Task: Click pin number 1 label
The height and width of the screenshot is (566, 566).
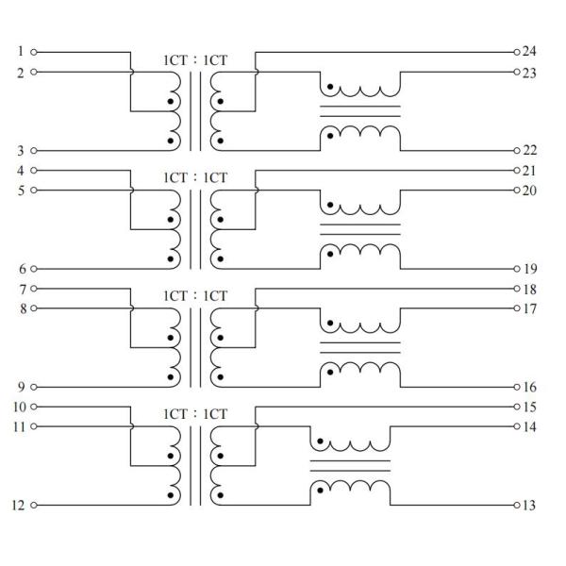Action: click(x=20, y=51)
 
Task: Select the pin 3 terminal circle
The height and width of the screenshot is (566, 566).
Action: click(x=35, y=150)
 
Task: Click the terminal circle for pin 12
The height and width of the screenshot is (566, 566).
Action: click(x=35, y=505)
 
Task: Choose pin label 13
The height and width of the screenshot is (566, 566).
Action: click(x=529, y=506)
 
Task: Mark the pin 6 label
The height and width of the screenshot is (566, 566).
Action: click(x=20, y=268)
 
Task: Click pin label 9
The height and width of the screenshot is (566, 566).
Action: click(x=20, y=386)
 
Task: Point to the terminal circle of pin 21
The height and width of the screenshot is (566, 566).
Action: click(x=516, y=170)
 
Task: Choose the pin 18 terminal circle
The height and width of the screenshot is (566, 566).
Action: click(x=516, y=288)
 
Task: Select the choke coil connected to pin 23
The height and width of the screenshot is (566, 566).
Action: click(x=361, y=90)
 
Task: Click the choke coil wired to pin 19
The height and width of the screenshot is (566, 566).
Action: click(x=361, y=252)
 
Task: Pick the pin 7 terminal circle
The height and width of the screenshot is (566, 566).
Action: click(x=35, y=288)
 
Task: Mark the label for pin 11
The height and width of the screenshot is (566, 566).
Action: click(x=18, y=426)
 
